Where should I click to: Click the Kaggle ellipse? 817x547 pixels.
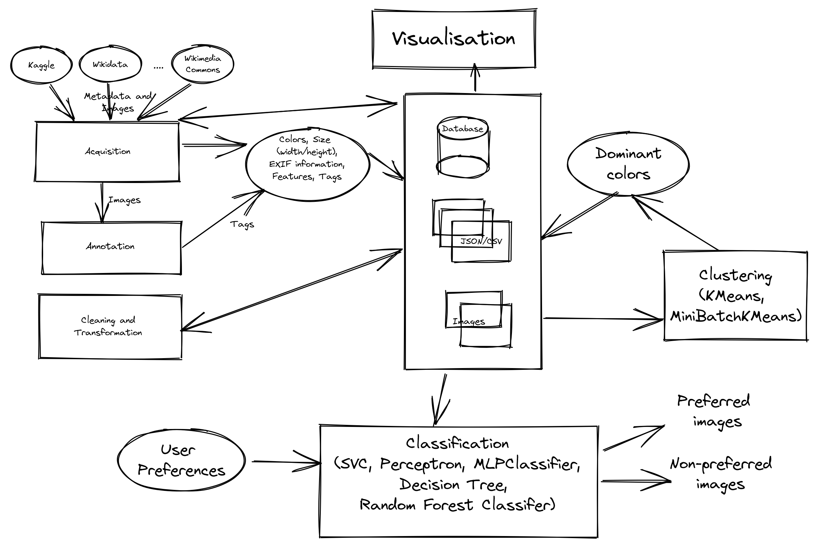[41, 65]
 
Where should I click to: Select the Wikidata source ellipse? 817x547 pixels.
[110, 65]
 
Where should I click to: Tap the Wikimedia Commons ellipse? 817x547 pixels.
[202, 64]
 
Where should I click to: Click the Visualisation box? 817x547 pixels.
[453, 38]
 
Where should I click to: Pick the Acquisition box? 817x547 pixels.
[107, 152]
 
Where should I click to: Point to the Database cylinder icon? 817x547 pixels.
[463, 148]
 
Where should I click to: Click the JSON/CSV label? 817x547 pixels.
[481, 242]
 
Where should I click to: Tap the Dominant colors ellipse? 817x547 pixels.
[628, 164]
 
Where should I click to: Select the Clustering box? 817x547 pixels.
[736, 295]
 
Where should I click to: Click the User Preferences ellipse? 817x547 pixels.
[181, 460]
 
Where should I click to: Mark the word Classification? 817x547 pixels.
[457, 444]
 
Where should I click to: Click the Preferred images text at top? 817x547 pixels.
[714, 412]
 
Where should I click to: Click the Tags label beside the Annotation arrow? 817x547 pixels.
[242, 224]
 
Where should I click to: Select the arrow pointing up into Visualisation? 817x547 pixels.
[475, 77]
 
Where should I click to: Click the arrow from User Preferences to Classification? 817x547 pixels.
[286, 462]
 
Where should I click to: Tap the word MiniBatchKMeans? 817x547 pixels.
[736, 316]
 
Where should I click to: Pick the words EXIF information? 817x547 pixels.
[307, 164]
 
